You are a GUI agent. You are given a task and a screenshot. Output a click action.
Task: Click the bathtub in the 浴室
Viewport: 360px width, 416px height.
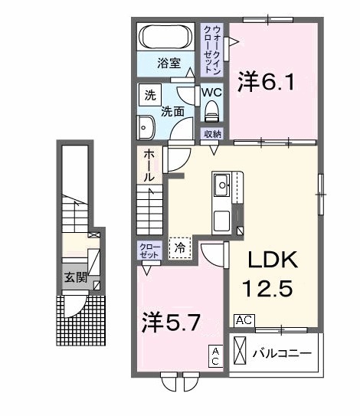[166, 37]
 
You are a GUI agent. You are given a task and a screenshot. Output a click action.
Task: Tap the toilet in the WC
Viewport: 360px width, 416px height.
[211, 111]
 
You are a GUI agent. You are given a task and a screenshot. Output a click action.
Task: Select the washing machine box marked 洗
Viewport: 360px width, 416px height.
[150, 95]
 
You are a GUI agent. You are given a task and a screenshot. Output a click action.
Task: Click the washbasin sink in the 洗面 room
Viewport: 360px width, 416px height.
[146, 127]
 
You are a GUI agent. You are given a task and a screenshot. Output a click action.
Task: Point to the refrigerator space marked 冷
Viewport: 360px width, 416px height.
[180, 248]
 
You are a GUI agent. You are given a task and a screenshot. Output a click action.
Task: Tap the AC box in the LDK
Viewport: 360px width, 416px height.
[244, 320]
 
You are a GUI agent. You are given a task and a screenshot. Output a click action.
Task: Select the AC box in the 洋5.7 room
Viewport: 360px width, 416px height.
[215, 356]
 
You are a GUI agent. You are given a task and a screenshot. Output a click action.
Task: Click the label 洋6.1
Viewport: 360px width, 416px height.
[266, 82]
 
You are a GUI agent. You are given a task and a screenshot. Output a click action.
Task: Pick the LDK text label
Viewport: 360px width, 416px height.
[273, 260]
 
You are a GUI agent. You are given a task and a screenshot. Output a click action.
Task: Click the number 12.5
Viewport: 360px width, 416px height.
[268, 289]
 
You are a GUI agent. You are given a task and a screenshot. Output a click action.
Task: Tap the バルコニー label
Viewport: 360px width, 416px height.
[281, 353]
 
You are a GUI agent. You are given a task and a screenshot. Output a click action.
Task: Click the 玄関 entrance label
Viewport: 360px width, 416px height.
[76, 277]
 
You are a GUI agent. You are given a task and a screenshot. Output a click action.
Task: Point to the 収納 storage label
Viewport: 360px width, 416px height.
[213, 134]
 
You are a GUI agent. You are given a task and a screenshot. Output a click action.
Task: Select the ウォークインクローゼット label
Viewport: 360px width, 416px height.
[212, 50]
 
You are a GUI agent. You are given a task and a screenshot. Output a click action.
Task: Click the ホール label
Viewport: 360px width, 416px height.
[149, 165]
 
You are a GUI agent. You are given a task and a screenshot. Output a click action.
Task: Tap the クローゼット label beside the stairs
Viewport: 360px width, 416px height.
[150, 251]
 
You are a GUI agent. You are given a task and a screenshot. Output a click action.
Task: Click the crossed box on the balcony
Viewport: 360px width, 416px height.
[240, 351]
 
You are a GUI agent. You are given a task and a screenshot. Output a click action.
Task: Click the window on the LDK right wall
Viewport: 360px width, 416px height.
[321, 195]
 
